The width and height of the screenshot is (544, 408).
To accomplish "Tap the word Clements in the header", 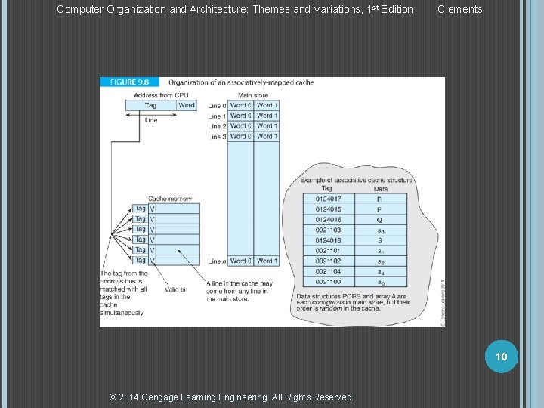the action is pos(459,9).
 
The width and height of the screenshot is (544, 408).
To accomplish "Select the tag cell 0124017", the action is pos(328,199).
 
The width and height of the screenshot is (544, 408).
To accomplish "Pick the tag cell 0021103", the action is pos(328,230).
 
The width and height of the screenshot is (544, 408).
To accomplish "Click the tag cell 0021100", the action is pos(328,281).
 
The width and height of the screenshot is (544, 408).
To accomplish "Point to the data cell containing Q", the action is pos(379,220).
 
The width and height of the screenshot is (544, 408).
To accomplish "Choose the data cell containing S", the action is pos(379,240).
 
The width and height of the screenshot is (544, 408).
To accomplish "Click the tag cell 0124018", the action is pos(328,240).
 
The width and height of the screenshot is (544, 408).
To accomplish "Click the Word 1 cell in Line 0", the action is pos(267,106).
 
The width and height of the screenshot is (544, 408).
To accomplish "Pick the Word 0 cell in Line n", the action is pos(240,261).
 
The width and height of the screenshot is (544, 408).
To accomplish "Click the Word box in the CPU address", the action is pos(187,106).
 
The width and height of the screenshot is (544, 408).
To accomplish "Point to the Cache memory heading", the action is pos(170,199).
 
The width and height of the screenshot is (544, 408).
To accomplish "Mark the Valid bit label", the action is pos(176,289).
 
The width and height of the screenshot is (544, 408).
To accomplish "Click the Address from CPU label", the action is pos(161,95).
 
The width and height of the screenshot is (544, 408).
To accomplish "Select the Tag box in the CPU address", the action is pos(151,106).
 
